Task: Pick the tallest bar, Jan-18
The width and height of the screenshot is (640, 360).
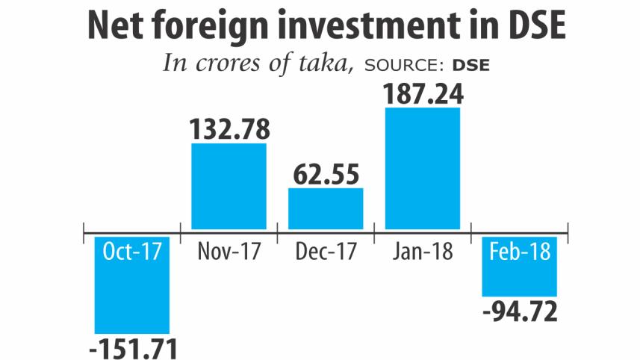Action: tap(422, 167)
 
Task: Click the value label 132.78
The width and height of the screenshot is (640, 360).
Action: tap(229, 128)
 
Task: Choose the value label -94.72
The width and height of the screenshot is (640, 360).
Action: tap(521, 312)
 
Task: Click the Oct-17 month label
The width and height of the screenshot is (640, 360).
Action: tap(132, 252)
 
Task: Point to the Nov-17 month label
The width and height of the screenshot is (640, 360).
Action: tap(229, 252)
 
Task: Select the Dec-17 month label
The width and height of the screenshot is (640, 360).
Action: tap(326, 252)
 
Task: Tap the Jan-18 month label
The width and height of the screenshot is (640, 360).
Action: tap(422, 252)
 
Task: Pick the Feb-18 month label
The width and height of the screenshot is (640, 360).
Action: tap(519, 252)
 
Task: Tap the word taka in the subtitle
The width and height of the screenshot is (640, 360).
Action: tap(326, 63)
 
